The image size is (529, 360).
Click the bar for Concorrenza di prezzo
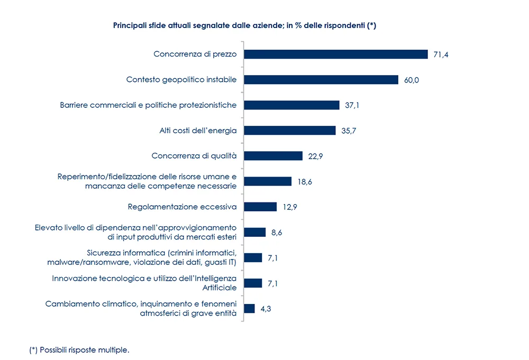pyautogui.click(x=335, y=54)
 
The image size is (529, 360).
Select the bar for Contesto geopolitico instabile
pyautogui.click(x=321, y=80)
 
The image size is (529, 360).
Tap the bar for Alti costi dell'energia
pyautogui.click(x=289, y=131)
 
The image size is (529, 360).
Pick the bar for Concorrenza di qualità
pyautogui.click(x=273, y=156)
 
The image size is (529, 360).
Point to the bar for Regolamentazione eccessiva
pyautogui.click(x=260, y=207)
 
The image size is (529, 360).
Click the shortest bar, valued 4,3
pyautogui.click(x=249, y=308)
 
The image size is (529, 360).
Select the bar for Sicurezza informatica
pyautogui.click(x=253, y=257)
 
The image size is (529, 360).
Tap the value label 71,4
pyautogui.click(x=441, y=54)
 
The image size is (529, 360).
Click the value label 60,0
pyautogui.click(x=411, y=80)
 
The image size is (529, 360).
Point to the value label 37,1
pyautogui.click(x=352, y=105)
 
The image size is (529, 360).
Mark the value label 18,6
pyautogui.click(x=305, y=181)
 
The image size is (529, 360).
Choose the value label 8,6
pyautogui.click(x=277, y=232)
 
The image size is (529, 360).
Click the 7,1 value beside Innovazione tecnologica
pyautogui.click(x=273, y=283)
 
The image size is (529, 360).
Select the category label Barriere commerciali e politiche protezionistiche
pyautogui.click(x=148, y=105)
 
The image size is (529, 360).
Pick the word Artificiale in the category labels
pyautogui.click(x=220, y=288)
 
